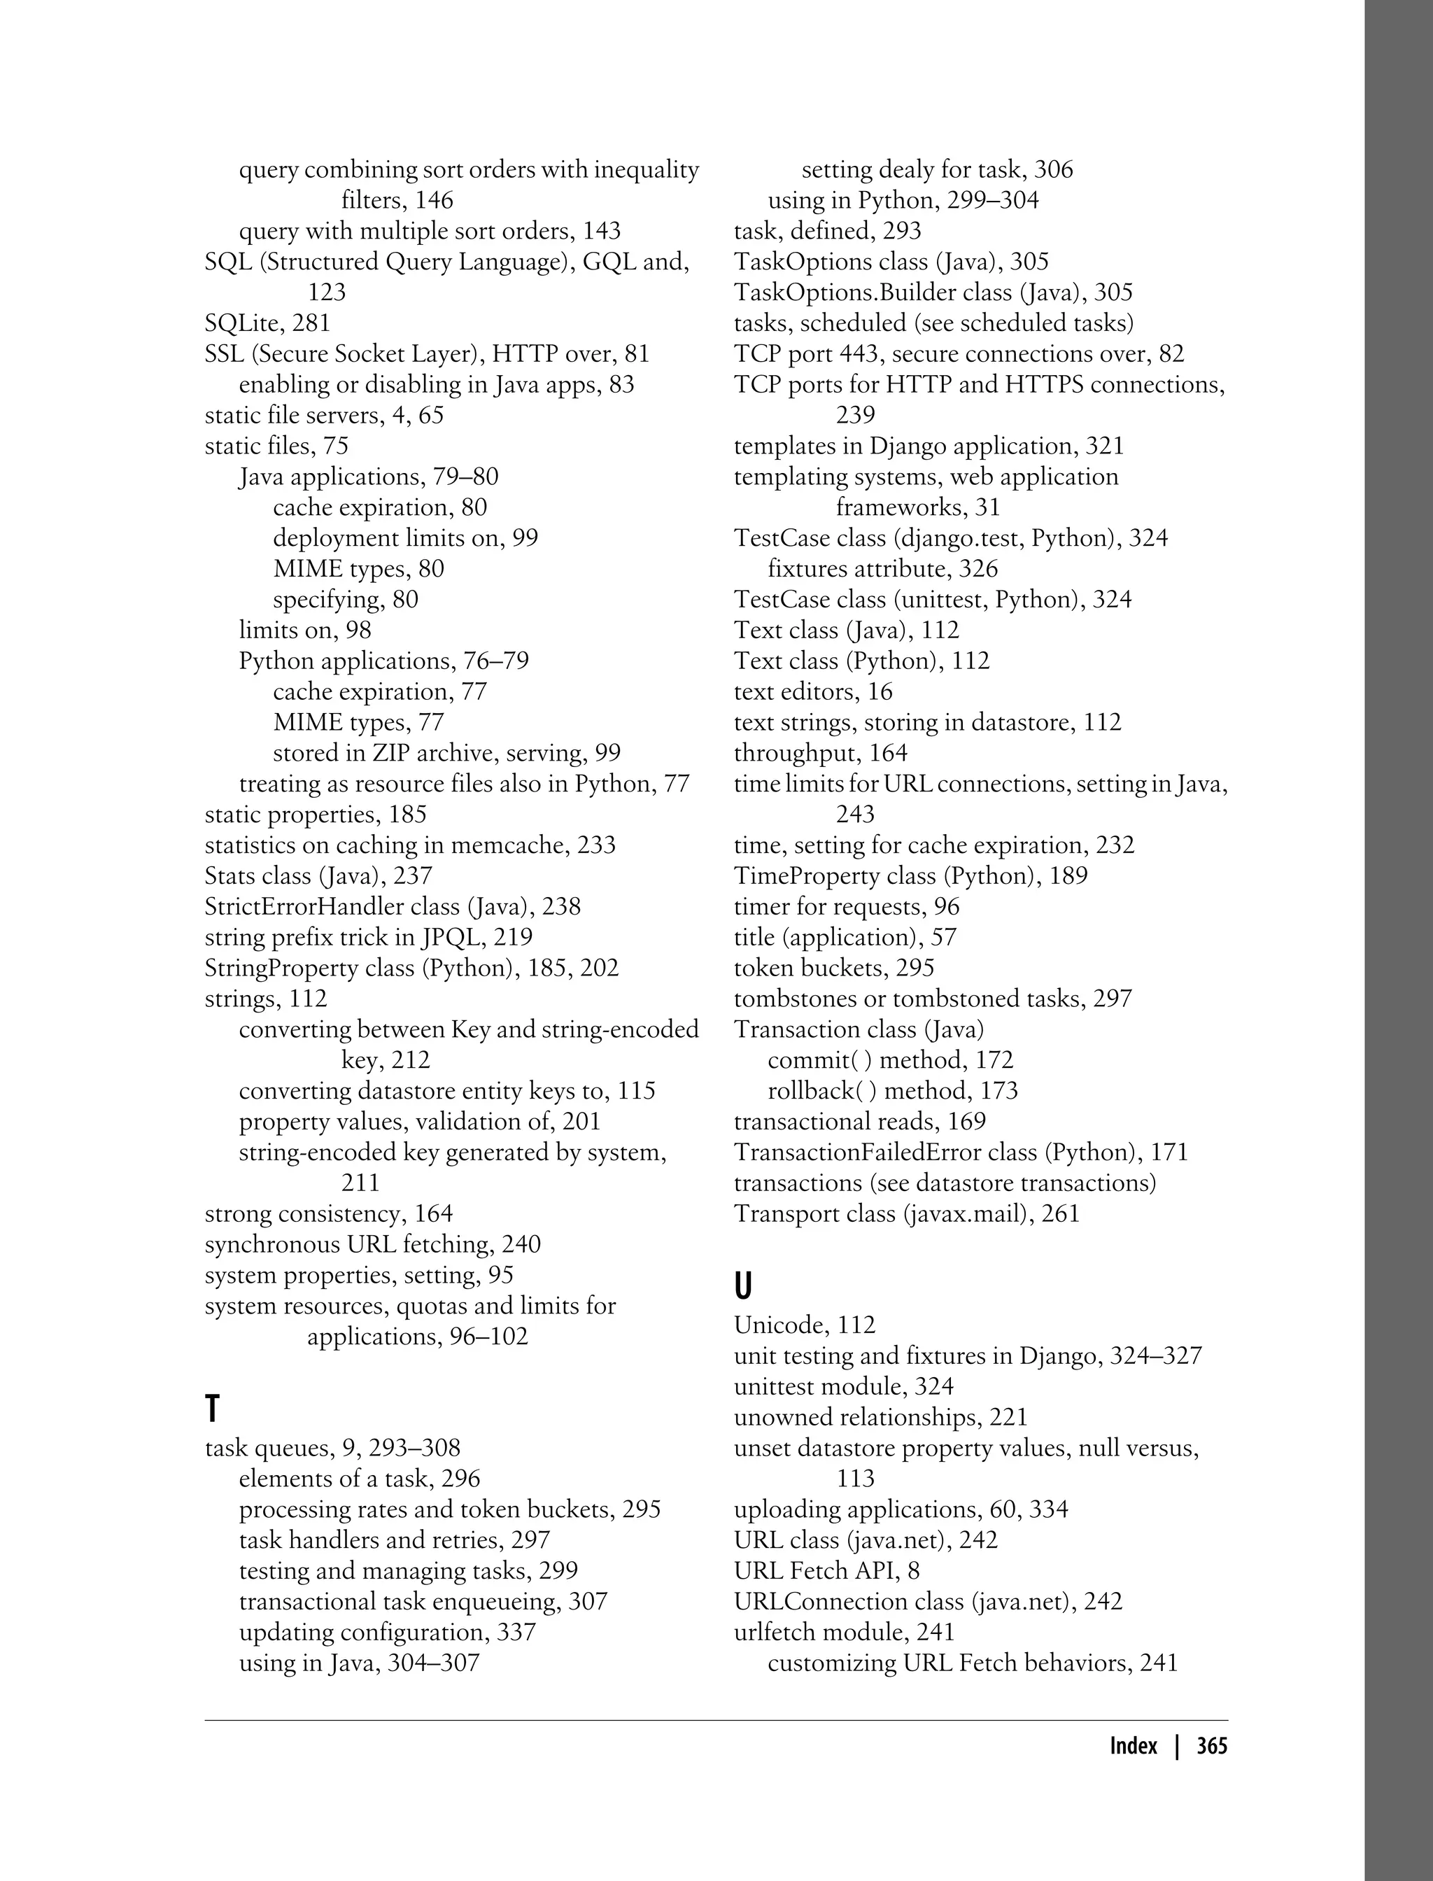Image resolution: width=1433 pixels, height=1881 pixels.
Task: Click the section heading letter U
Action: point(743,1286)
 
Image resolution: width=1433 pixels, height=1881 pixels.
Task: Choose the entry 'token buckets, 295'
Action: point(833,968)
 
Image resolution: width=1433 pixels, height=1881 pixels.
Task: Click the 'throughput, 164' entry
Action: point(821,753)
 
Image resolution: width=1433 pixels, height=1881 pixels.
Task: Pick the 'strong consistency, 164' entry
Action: point(328,1214)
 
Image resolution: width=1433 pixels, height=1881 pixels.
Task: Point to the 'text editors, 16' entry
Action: point(813,692)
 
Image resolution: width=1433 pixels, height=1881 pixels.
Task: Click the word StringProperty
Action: point(281,968)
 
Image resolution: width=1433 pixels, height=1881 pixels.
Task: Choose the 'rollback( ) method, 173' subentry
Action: point(892,1091)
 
